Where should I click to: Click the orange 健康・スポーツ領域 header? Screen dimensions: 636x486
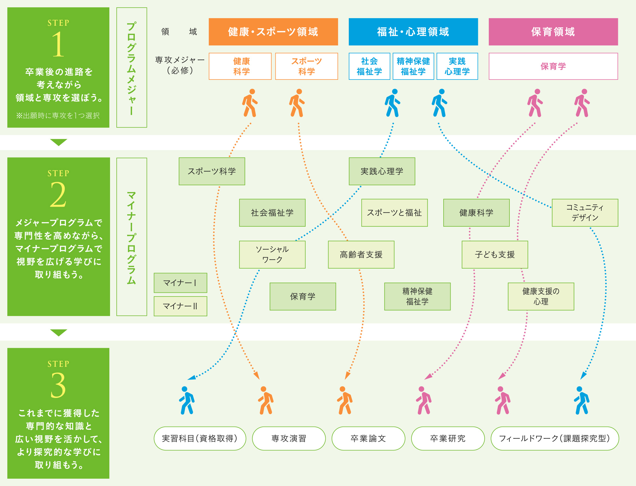(x=273, y=32)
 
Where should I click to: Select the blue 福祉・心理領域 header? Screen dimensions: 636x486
(x=413, y=32)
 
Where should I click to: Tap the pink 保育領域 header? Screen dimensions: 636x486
(x=553, y=32)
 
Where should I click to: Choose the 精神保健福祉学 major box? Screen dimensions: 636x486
(x=413, y=66)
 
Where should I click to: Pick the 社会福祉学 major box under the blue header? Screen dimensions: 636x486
(x=369, y=66)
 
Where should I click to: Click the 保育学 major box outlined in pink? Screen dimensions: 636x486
(x=553, y=66)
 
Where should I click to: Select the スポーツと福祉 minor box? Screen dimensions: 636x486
(x=394, y=213)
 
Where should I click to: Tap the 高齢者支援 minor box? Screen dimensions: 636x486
(x=361, y=255)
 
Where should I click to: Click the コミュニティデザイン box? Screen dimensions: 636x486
(x=585, y=213)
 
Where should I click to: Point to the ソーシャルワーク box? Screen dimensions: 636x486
(x=272, y=255)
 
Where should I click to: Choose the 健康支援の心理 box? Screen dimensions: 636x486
(x=541, y=297)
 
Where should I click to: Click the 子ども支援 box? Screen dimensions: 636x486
(x=495, y=255)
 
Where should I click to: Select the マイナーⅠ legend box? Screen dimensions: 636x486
(x=180, y=283)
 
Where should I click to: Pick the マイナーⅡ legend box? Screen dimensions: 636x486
(x=180, y=306)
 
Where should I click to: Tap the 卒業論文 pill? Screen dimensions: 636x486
(x=368, y=438)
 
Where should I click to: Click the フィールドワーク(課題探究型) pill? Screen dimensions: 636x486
(x=555, y=438)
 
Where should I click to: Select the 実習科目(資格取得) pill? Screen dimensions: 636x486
(x=200, y=438)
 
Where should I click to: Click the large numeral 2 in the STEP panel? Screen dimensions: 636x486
(x=58, y=195)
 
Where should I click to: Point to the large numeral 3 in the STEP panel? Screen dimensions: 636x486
(x=58, y=385)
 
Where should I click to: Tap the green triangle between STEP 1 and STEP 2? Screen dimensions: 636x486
(x=59, y=142)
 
